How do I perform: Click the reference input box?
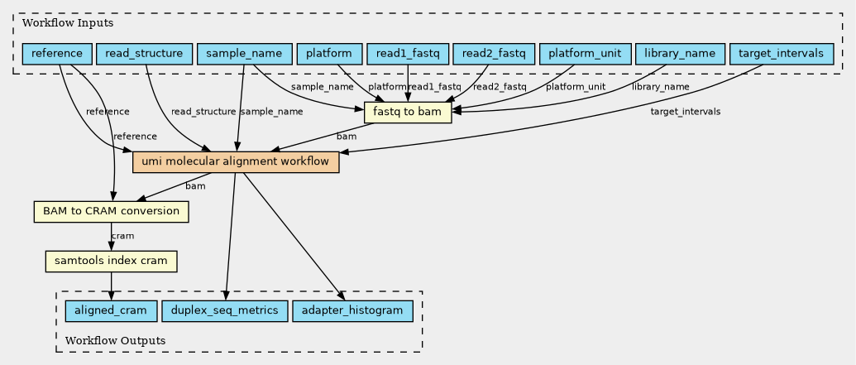(x=57, y=55)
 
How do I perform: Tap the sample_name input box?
(x=245, y=55)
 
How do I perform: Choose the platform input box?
(x=328, y=55)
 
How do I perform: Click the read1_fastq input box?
(x=407, y=55)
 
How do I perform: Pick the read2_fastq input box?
(x=493, y=55)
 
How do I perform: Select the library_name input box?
(x=678, y=55)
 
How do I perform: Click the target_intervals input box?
(x=781, y=55)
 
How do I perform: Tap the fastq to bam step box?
(x=407, y=113)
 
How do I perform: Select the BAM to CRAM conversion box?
(x=111, y=212)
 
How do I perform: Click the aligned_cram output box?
(x=110, y=311)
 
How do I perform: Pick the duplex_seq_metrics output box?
(x=225, y=311)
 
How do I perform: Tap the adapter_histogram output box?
(x=352, y=311)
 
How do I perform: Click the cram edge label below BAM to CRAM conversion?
(x=122, y=237)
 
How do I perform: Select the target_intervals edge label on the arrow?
(x=685, y=112)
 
